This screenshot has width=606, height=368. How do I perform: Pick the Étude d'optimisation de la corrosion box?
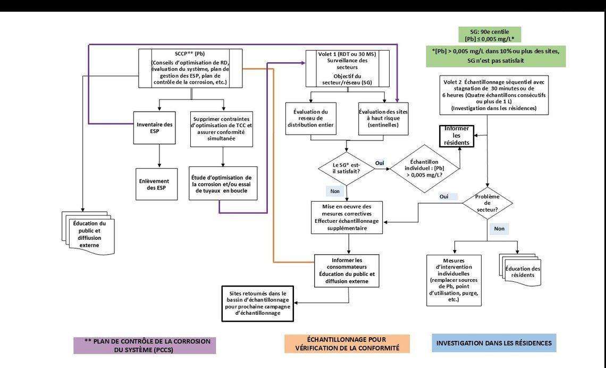point(223,183)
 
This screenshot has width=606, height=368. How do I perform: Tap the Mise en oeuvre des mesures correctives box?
point(348,217)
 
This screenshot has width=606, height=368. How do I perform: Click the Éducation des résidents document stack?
point(523,269)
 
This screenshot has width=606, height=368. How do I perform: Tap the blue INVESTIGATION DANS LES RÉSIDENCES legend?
point(494,344)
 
